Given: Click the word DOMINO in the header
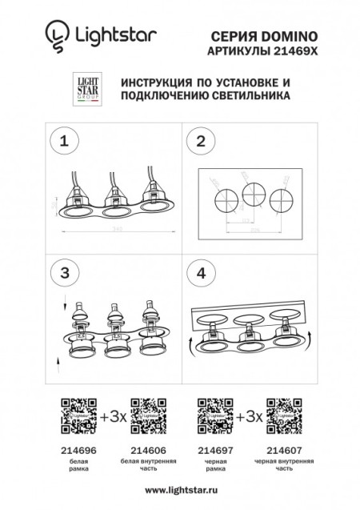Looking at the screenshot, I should [x=291, y=36].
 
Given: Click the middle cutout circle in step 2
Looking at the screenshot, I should [x=254, y=194].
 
